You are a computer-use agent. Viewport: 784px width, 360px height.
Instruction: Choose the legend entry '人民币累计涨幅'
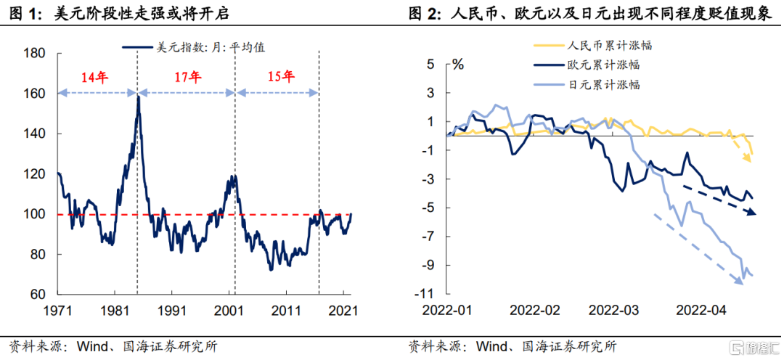click(x=592, y=46)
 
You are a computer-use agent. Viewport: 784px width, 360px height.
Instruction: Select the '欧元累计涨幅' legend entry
click(x=592, y=65)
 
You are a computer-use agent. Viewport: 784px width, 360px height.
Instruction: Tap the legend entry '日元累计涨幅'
click(x=592, y=84)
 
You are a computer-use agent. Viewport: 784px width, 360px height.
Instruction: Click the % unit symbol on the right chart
click(x=458, y=64)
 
